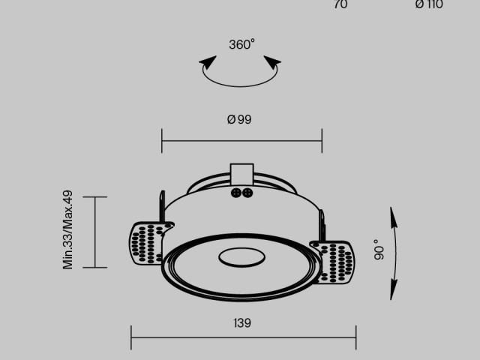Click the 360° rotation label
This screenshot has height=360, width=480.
click(x=241, y=45)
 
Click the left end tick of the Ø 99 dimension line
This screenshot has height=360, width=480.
click(x=162, y=140)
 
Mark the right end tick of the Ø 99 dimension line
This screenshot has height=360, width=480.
click(x=322, y=140)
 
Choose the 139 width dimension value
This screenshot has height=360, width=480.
click(x=241, y=323)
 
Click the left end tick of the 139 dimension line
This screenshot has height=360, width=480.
click(x=131, y=337)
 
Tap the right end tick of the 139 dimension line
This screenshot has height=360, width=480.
click(x=355, y=337)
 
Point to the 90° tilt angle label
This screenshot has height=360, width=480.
click(x=379, y=250)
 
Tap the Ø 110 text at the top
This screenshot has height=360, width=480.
click(x=429, y=4)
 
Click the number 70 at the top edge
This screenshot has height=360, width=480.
click(x=340, y=4)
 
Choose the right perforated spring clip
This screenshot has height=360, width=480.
click(x=332, y=261)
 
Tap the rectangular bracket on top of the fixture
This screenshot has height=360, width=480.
click(x=241, y=174)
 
